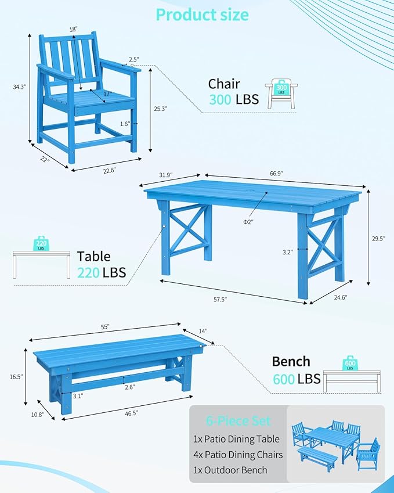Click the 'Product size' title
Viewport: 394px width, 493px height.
[202, 15]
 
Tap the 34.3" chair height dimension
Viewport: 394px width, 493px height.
[20, 87]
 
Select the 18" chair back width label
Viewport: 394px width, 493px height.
[73, 28]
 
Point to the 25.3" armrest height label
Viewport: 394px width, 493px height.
[161, 108]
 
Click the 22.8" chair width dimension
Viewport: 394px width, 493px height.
[109, 170]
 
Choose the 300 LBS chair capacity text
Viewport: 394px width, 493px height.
[234, 99]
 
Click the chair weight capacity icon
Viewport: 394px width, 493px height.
[282, 93]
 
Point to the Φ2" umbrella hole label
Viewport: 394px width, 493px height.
[248, 221]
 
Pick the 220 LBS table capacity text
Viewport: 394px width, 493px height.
[101, 272]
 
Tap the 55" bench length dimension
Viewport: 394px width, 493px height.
[105, 327]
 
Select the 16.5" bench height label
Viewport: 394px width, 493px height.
[16, 377]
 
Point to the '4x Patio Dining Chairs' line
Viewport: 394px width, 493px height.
[238, 455]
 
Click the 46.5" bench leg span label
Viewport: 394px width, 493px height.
[130, 413]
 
